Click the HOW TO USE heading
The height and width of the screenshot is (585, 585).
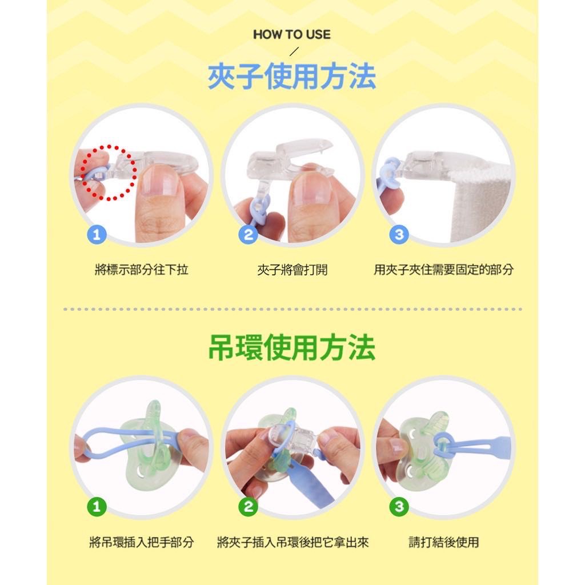[292, 35]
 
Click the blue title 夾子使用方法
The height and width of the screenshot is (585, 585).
[292, 77]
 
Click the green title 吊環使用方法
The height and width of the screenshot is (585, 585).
[292, 347]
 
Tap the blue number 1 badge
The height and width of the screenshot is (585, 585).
[97, 235]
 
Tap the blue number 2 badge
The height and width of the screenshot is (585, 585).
[248, 235]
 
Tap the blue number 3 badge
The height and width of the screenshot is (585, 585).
[399, 235]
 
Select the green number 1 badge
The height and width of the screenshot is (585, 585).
[97, 507]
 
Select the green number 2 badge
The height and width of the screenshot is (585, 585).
[248, 507]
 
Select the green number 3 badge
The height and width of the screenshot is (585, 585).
[399, 507]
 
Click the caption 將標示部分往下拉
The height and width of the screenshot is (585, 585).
[142, 270]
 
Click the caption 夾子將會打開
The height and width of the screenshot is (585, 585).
[292, 270]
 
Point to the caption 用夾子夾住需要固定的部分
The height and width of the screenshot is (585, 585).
[443, 270]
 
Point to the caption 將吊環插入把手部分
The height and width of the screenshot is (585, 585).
[142, 542]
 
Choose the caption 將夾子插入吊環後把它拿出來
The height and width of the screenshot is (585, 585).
[293, 542]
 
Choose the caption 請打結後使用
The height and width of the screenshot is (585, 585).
[443, 542]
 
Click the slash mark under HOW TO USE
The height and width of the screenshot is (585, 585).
[294, 51]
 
